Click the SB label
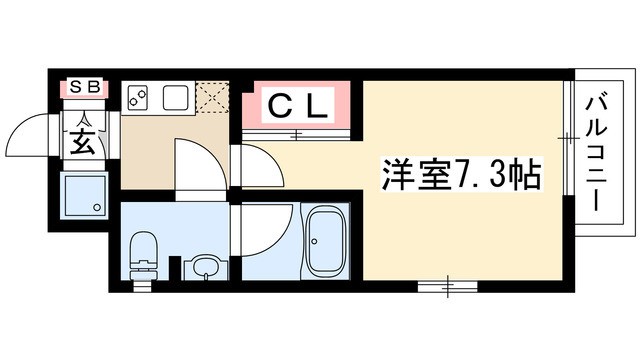(x=83, y=88)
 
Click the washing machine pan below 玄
(x=84, y=196)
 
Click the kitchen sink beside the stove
(x=176, y=98)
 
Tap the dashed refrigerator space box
(x=213, y=97)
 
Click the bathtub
(x=325, y=245)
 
